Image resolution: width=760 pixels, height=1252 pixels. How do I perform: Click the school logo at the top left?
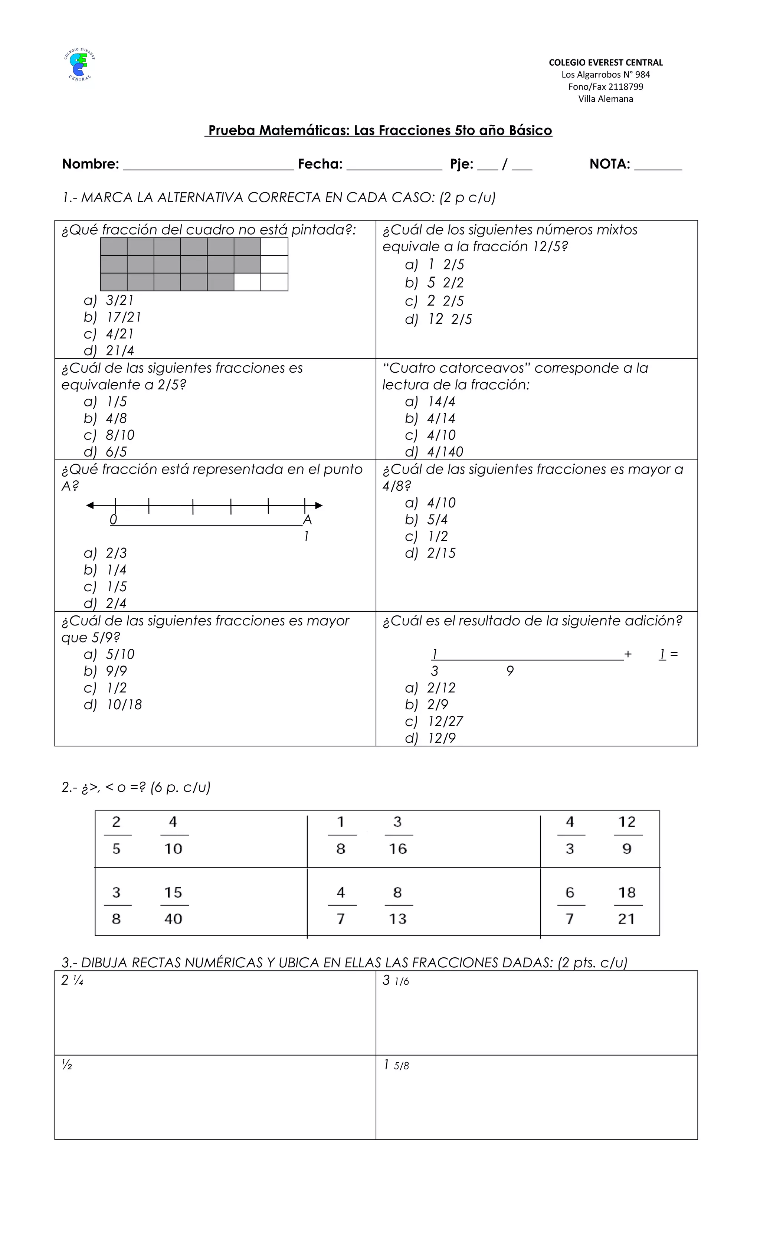coord(79,65)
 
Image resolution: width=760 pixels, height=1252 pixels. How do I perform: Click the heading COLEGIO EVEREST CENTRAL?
coord(606,62)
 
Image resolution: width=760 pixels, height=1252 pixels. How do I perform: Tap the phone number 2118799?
coord(625,87)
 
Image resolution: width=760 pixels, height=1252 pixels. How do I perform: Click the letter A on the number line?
coord(307,520)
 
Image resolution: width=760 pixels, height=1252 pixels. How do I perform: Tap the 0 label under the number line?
coord(113,519)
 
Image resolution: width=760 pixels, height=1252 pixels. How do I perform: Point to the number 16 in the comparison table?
coord(398,849)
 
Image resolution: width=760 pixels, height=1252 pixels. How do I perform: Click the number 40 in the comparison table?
coord(173,919)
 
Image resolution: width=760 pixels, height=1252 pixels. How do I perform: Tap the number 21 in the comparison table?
coord(626,919)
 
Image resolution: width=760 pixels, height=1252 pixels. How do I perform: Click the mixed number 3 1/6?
coord(396,981)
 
